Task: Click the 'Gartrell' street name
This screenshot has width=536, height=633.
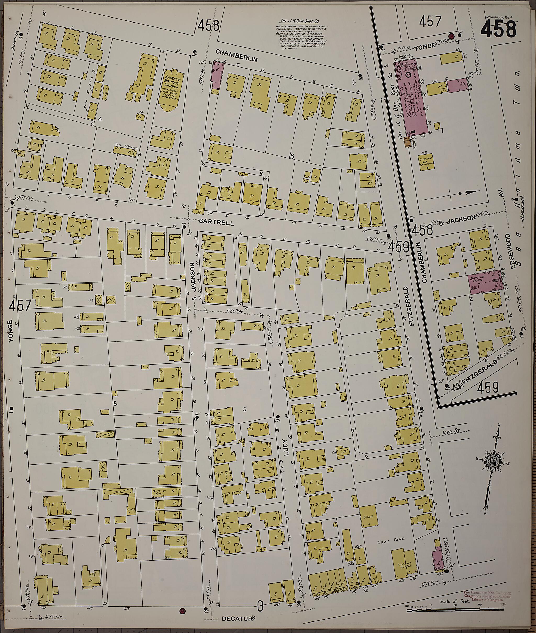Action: click(216, 223)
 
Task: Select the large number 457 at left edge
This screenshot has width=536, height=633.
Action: click(20, 305)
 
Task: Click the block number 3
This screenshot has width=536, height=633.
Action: click(292, 156)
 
